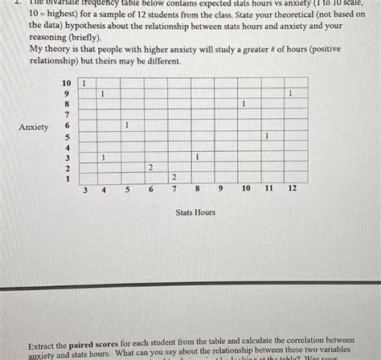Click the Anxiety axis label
pyautogui.click(x=33, y=127)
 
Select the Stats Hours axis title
pyautogui.click(x=195, y=213)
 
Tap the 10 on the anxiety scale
pyautogui.click(x=66, y=84)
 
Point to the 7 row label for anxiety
pyautogui.click(x=67, y=115)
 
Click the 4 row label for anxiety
pyautogui.click(x=67, y=148)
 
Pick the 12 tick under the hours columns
pyautogui.click(x=292, y=188)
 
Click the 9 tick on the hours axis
pyautogui.click(x=220, y=188)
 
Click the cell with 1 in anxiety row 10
pyautogui.click(x=84, y=83)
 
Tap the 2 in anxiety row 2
pyautogui.click(x=150, y=166)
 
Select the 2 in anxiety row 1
pyautogui.click(x=174, y=177)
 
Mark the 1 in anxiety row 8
pyautogui.click(x=243, y=104)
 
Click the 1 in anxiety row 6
pyautogui.click(x=127, y=125)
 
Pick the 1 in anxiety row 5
pyautogui.click(x=266, y=136)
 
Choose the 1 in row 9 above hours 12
pyautogui.click(x=290, y=93)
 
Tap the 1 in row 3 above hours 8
pyautogui.click(x=197, y=156)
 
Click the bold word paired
pyautogui.click(x=91, y=341)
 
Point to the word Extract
pyautogui.click(x=44, y=341)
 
